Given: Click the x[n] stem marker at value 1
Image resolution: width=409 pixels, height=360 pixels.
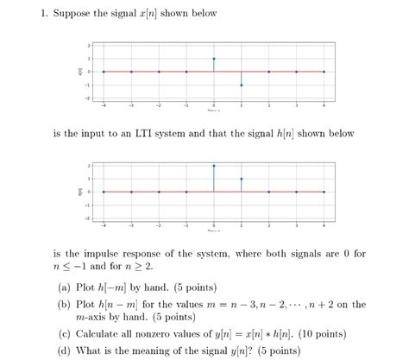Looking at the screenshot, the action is (214, 59).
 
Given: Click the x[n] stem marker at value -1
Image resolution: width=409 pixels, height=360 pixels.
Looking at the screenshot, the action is (242, 85).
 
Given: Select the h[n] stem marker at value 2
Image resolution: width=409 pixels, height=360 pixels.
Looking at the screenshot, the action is (214, 165).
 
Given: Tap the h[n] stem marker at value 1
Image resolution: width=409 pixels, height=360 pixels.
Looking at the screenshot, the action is (242, 179).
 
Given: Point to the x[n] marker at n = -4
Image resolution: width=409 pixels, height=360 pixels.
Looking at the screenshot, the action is (104, 72).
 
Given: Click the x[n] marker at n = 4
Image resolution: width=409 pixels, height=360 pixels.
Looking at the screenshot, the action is (324, 72).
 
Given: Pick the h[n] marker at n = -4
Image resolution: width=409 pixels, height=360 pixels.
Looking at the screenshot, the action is (104, 192).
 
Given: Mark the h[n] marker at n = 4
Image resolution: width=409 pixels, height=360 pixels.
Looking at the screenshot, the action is (324, 192).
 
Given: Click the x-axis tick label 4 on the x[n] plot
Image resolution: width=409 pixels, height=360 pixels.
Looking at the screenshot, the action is (324, 105).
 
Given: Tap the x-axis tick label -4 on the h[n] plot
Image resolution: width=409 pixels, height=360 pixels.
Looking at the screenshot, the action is (103, 225).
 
